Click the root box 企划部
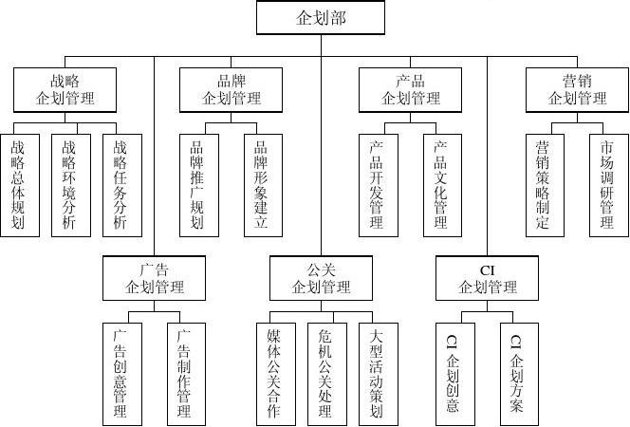pos(321,18)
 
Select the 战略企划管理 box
pos(65,89)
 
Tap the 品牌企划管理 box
pos(232,89)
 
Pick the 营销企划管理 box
pos(577,89)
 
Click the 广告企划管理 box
pos(155,278)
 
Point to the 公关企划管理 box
pos(321,278)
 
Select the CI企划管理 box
pos(488,278)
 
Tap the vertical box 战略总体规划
pos(19,184)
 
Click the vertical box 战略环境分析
pos(69,184)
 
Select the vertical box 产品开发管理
pos(378,184)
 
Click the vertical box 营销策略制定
pos(545,184)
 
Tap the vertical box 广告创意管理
pos(120,373)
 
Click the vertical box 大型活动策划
pos(378,373)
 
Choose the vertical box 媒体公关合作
pos(275,373)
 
